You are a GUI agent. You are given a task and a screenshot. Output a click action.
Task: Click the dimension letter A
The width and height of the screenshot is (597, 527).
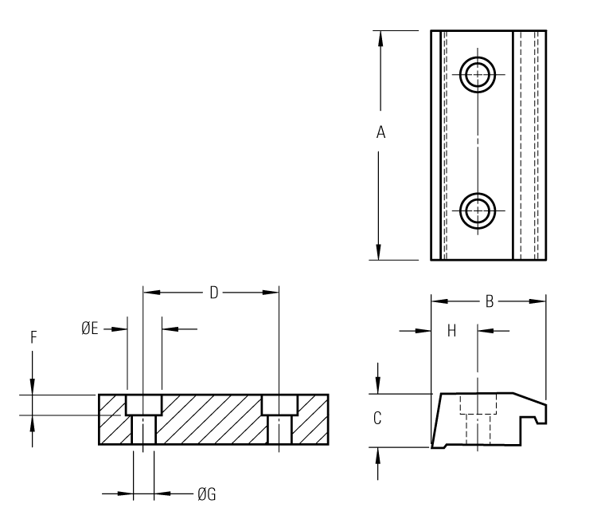pyautogui.click(x=381, y=134)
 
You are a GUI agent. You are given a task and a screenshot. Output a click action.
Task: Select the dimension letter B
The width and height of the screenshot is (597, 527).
pyautogui.click(x=490, y=301)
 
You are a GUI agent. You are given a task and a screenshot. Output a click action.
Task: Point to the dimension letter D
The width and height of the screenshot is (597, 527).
pyautogui.click(x=213, y=293)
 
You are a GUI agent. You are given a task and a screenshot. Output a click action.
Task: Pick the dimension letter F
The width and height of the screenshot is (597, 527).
pyautogui.click(x=33, y=337)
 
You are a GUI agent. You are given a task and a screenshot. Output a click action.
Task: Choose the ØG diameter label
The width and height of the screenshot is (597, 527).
pyautogui.click(x=206, y=494)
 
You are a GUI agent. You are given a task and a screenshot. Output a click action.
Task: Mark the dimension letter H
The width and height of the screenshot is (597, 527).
pyautogui.click(x=451, y=330)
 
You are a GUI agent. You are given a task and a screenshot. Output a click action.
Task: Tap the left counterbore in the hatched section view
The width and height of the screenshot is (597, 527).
pyautogui.click(x=143, y=404)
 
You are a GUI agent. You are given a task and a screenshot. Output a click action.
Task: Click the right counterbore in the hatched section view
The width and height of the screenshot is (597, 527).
pyautogui.click(x=279, y=404)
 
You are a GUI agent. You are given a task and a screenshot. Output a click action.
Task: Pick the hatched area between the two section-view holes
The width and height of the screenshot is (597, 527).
pyautogui.click(x=211, y=420)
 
